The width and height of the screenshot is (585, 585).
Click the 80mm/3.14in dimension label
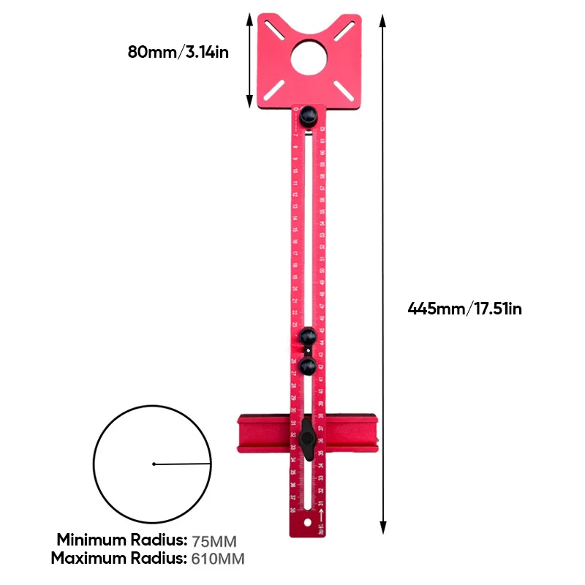[x=178, y=53]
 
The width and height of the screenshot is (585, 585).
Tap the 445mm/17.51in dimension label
[x=464, y=309]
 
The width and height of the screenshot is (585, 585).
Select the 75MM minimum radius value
[x=214, y=542]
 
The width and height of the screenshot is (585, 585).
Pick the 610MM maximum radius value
[x=217, y=559]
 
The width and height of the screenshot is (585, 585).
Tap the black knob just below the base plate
[x=308, y=116]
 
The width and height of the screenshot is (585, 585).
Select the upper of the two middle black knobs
[x=308, y=337]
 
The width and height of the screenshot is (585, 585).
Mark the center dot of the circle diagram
[x=154, y=464]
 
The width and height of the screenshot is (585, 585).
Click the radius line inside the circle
[x=183, y=463]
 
